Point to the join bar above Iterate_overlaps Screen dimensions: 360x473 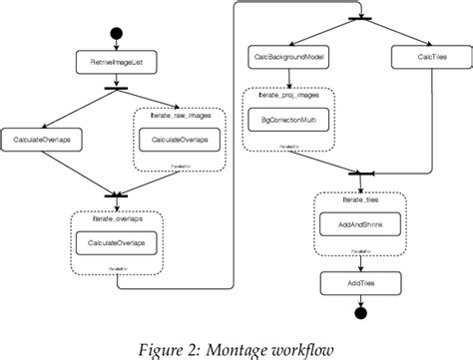coord(118,193)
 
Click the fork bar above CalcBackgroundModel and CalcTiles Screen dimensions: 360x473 coord(352,16)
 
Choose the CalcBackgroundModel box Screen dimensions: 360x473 coord(288,58)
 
